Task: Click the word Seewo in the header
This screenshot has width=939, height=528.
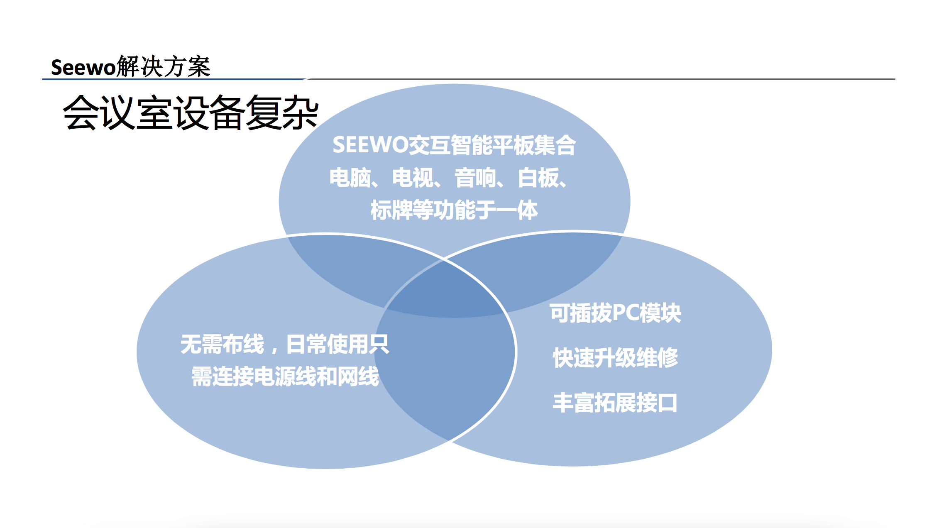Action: (x=83, y=67)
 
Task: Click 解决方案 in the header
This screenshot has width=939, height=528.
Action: (x=163, y=66)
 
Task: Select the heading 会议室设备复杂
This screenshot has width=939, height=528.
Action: (x=191, y=112)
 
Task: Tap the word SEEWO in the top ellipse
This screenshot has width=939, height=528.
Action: (x=370, y=145)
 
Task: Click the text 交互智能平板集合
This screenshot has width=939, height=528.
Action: (x=492, y=145)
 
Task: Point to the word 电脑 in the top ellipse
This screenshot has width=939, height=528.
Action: (x=350, y=178)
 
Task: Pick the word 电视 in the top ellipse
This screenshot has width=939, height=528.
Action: (x=413, y=178)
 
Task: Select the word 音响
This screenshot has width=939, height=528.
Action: (x=475, y=178)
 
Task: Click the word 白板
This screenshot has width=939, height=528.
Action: (x=538, y=178)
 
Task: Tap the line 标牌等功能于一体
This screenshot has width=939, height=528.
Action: (x=454, y=210)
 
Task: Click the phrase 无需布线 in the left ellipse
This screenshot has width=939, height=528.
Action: (x=222, y=344)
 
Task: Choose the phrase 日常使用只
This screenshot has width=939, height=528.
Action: (x=337, y=344)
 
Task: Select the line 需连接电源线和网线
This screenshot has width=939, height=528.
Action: (x=285, y=376)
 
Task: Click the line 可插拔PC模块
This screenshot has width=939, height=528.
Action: (x=615, y=313)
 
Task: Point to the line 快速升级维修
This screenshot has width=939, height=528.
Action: (x=615, y=358)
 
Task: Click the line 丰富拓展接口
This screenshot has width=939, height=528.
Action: (x=615, y=403)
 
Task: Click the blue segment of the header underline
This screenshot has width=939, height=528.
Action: (x=174, y=79)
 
